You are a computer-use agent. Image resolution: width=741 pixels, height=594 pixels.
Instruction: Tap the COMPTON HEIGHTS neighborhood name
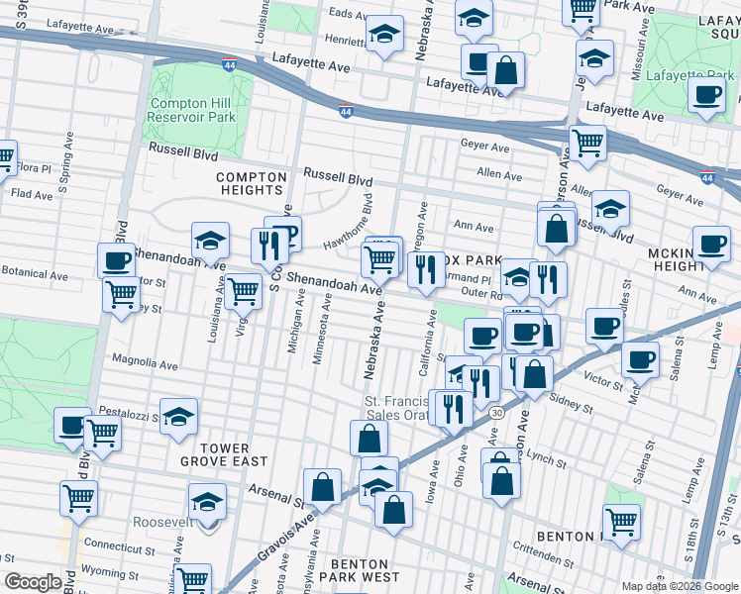click(252, 183)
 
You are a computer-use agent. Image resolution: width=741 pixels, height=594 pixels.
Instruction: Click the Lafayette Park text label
click(689, 74)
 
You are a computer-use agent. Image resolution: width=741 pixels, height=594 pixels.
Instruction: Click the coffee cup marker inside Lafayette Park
click(707, 95)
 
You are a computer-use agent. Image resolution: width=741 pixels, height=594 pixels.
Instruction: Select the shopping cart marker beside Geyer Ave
click(587, 142)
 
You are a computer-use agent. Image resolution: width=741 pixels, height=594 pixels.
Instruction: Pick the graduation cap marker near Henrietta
click(384, 36)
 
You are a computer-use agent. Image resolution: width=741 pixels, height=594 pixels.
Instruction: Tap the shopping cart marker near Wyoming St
click(191, 579)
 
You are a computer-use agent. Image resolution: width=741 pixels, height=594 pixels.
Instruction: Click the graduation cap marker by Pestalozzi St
click(178, 416)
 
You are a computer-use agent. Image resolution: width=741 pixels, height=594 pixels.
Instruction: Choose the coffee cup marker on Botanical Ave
click(117, 261)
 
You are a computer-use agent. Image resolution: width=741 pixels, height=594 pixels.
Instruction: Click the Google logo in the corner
click(33, 581)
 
